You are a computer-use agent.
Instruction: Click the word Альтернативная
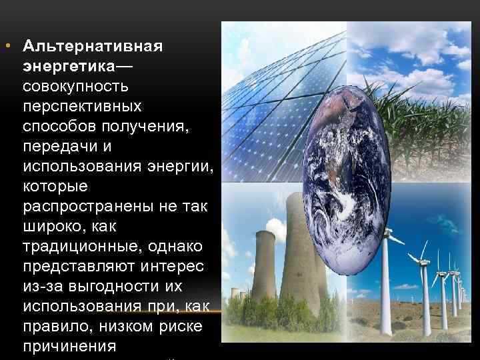click(93, 48)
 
